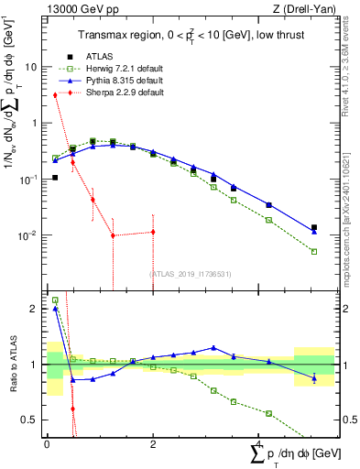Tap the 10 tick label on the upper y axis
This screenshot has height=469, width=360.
[x=31, y=67]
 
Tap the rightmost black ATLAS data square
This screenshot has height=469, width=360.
[x=314, y=227]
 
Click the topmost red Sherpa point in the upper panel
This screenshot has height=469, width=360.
[x=56, y=94]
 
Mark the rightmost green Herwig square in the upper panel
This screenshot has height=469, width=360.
[x=314, y=251]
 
